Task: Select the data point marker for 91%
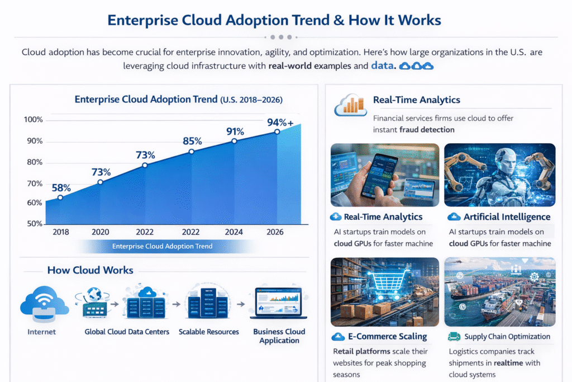click(x=234, y=142)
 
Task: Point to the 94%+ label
click(x=280, y=122)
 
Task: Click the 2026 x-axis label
click(x=275, y=232)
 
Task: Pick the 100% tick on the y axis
click(x=34, y=120)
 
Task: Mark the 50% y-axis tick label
click(x=34, y=224)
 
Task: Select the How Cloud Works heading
click(x=90, y=270)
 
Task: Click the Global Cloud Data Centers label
click(x=127, y=332)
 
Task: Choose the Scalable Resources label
click(x=208, y=332)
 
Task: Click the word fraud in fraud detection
click(x=411, y=129)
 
